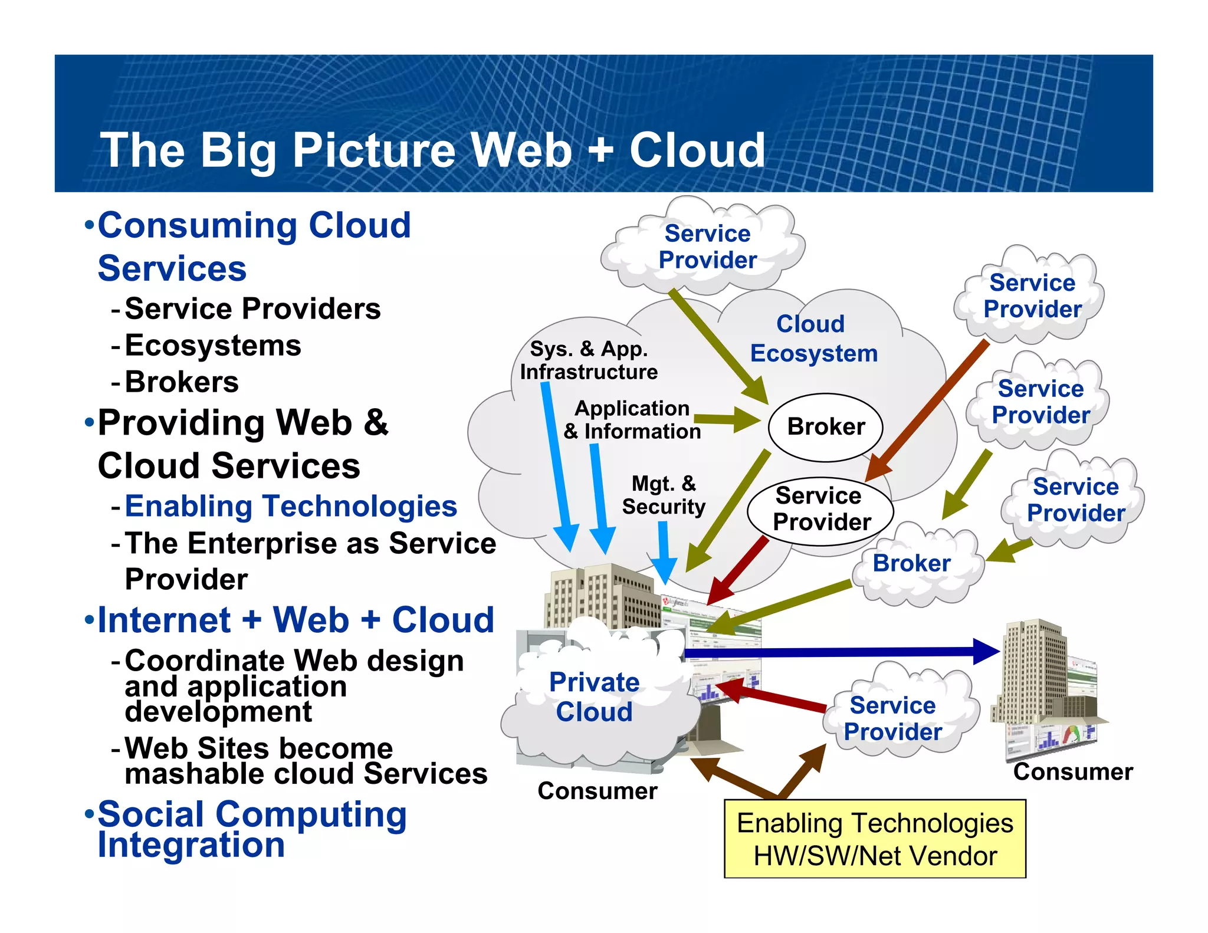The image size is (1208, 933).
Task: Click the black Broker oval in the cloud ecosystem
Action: tap(825, 427)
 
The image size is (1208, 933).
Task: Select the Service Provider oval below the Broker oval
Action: tap(820, 510)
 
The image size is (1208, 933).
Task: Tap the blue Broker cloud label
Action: tap(911, 563)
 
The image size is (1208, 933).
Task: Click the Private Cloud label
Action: tap(594, 697)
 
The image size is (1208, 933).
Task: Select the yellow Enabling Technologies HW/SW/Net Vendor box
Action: tap(875, 839)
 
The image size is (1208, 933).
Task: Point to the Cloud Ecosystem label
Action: tap(813, 339)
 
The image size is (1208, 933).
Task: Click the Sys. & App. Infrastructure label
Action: tap(589, 360)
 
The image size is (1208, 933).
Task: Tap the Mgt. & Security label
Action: tap(664, 495)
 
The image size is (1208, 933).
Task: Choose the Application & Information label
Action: tap(632, 420)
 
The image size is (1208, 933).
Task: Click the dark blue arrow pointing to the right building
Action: tap(838, 652)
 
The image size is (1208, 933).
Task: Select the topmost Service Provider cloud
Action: tap(707, 247)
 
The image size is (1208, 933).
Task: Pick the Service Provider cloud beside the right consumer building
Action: tap(892, 718)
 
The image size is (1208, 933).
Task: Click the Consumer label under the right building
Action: tap(1073, 772)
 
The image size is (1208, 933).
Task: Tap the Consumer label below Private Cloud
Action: tap(597, 791)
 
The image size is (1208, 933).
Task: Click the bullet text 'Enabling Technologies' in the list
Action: tap(291, 507)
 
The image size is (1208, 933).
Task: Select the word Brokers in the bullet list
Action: tap(182, 382)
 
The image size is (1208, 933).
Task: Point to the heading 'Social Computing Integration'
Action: tap(252, 829)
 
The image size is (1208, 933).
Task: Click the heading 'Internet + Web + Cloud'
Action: tap(296, 620)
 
